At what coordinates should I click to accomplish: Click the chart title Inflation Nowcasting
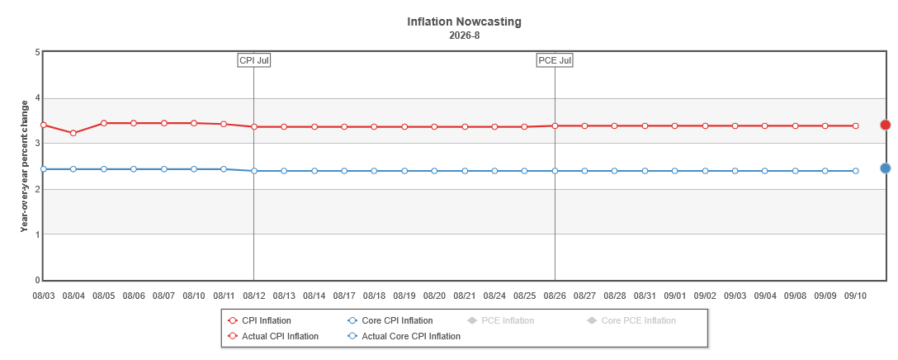click(x=465, y=21)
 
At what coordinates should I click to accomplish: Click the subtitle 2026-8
click(x=465, y=36)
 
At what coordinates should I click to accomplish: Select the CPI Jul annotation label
click(x=253, y=60)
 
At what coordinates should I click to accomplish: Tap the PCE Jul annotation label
click(x=555, y=60)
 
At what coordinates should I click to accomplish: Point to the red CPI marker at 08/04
click(x=73, y=133)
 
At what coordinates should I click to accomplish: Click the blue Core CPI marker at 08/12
click(x=253, y=171)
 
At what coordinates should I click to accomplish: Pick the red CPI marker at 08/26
click(x=555, y=126)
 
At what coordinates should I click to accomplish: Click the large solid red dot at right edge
click(x=886, y=125)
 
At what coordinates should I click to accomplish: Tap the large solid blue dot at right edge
click(x=886, y=168)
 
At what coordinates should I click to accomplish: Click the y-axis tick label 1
click(x=37, y=234)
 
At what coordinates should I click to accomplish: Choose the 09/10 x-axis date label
click(x=855, y=296)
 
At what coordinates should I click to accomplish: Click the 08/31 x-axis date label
click(x=645, y=296)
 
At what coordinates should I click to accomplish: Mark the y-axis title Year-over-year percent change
click(x=25, y=166)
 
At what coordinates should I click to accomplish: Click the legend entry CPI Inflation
click(x=259, y=320)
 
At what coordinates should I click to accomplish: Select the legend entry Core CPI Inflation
click(x=390, y=320)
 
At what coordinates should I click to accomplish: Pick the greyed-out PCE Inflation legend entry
click(x=500, y=320)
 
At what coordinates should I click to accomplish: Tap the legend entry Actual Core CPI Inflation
click(x=404, y=336)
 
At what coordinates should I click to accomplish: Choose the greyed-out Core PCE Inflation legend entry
click(x=631, y=320)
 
